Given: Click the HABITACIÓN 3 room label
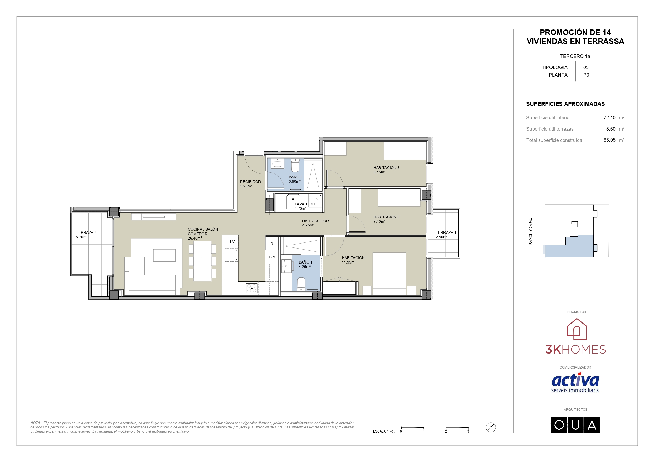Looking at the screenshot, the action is click(x=386, y=168).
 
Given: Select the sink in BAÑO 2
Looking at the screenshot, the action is click(x=277, y=164).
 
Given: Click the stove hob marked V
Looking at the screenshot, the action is click(x=252, y=288).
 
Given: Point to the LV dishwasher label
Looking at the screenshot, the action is click(x=232, y=242).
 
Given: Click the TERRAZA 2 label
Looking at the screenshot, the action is click(x=86, y=232).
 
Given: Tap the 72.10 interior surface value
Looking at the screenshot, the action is click(x=609, y=118).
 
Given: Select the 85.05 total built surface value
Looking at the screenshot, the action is click(x=609, y=140).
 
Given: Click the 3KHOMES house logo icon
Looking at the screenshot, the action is click(x=577, y=329).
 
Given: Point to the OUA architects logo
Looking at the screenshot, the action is click(x=575, y=425).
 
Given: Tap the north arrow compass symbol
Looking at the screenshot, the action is click(x=491, y=427).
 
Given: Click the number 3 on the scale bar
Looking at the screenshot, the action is click(x=468, y=431).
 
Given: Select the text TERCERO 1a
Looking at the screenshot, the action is click(x=575, y=56).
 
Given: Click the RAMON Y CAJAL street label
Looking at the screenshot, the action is click(x=530, y=231).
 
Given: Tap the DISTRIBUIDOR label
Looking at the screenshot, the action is click(x=315, y=221).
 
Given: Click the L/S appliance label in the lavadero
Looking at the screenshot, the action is click(x=315, y=199).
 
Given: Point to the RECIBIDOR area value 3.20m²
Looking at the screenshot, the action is click(x=246, y=186).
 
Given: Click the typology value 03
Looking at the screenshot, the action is click(x=586, y=67).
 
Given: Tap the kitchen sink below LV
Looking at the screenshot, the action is click(x=232, y=255).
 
